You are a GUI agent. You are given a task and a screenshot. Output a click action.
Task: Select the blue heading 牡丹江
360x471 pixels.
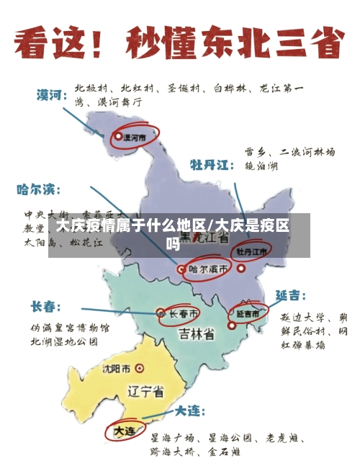212,166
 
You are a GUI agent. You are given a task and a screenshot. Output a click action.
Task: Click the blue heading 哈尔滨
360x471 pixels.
40,191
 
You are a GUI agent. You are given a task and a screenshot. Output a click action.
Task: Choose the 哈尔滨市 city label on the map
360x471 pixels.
209,269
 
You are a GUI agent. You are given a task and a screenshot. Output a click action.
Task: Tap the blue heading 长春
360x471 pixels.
45,308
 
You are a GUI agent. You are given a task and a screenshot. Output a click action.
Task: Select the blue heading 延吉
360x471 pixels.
290,296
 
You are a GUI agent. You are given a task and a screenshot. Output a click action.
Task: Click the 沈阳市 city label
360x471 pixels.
116,369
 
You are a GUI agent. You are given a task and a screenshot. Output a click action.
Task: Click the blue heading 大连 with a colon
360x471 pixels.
189,412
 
